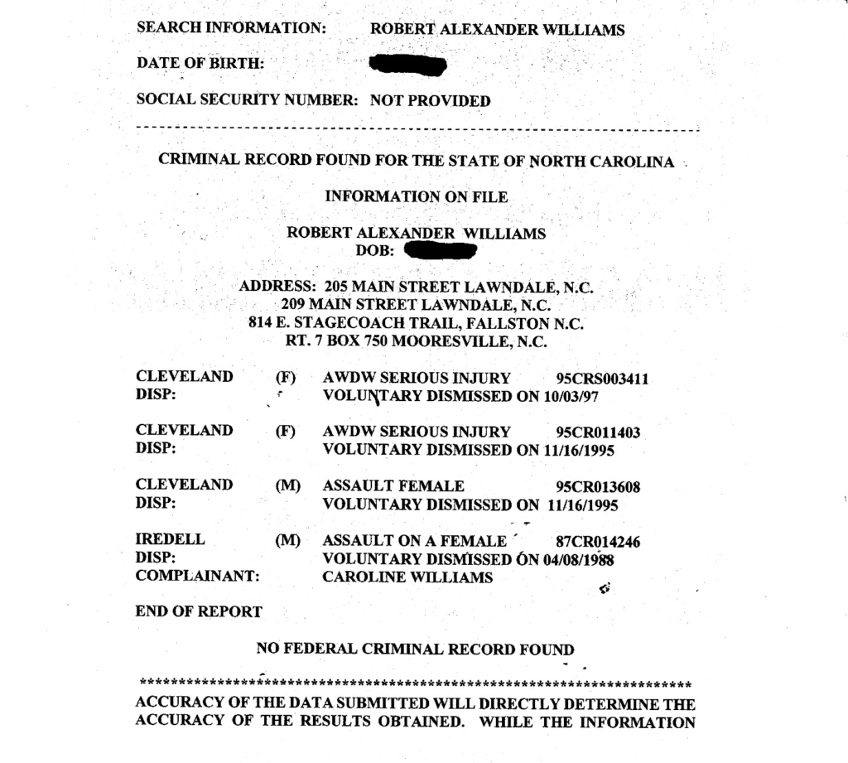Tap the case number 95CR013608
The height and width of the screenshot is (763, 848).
[x=599, y=487]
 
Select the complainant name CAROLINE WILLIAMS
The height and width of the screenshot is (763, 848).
[x=407, y=577]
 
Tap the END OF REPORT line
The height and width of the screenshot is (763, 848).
[x=199, y=612]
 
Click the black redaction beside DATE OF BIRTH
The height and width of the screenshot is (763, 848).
[x=408, y=65]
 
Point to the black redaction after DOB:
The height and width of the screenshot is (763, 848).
[x=440, y=250]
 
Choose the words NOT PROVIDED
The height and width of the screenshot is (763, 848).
[x=430, y=101]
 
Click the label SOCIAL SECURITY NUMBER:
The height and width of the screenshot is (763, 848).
[x=247, y=101]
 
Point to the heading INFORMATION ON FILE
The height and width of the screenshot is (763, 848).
[x=416, y=197]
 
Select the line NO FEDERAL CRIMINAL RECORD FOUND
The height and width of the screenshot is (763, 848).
[x=415, y=650]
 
